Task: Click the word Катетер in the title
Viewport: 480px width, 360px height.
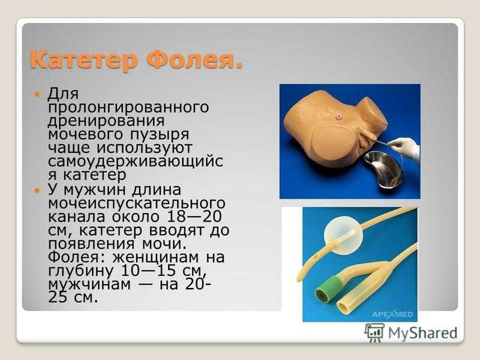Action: pos(83,60)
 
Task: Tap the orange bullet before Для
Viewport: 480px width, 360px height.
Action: pos(38,95)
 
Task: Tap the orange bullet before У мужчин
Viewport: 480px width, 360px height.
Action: pos(38,191)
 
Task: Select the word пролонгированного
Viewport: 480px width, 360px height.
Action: pos(128,108)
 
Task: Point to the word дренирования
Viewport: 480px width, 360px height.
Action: pos(106,121)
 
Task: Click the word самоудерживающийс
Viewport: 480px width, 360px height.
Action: pos(136,161)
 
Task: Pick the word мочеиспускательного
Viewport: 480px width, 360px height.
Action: pos(137,203)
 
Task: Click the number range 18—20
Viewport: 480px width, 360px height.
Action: pos(194,217)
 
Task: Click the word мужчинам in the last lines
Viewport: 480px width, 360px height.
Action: pos(89,284)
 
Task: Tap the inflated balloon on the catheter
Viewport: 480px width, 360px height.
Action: pos(343,235)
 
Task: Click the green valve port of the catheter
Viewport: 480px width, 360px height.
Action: pos(328,289)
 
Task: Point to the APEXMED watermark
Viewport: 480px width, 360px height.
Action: pos(392,314)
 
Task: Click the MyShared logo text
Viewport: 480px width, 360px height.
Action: pos(422,333)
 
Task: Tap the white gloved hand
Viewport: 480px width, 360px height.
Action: pos(405,148)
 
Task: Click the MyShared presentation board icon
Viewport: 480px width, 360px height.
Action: pos(374,332)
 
